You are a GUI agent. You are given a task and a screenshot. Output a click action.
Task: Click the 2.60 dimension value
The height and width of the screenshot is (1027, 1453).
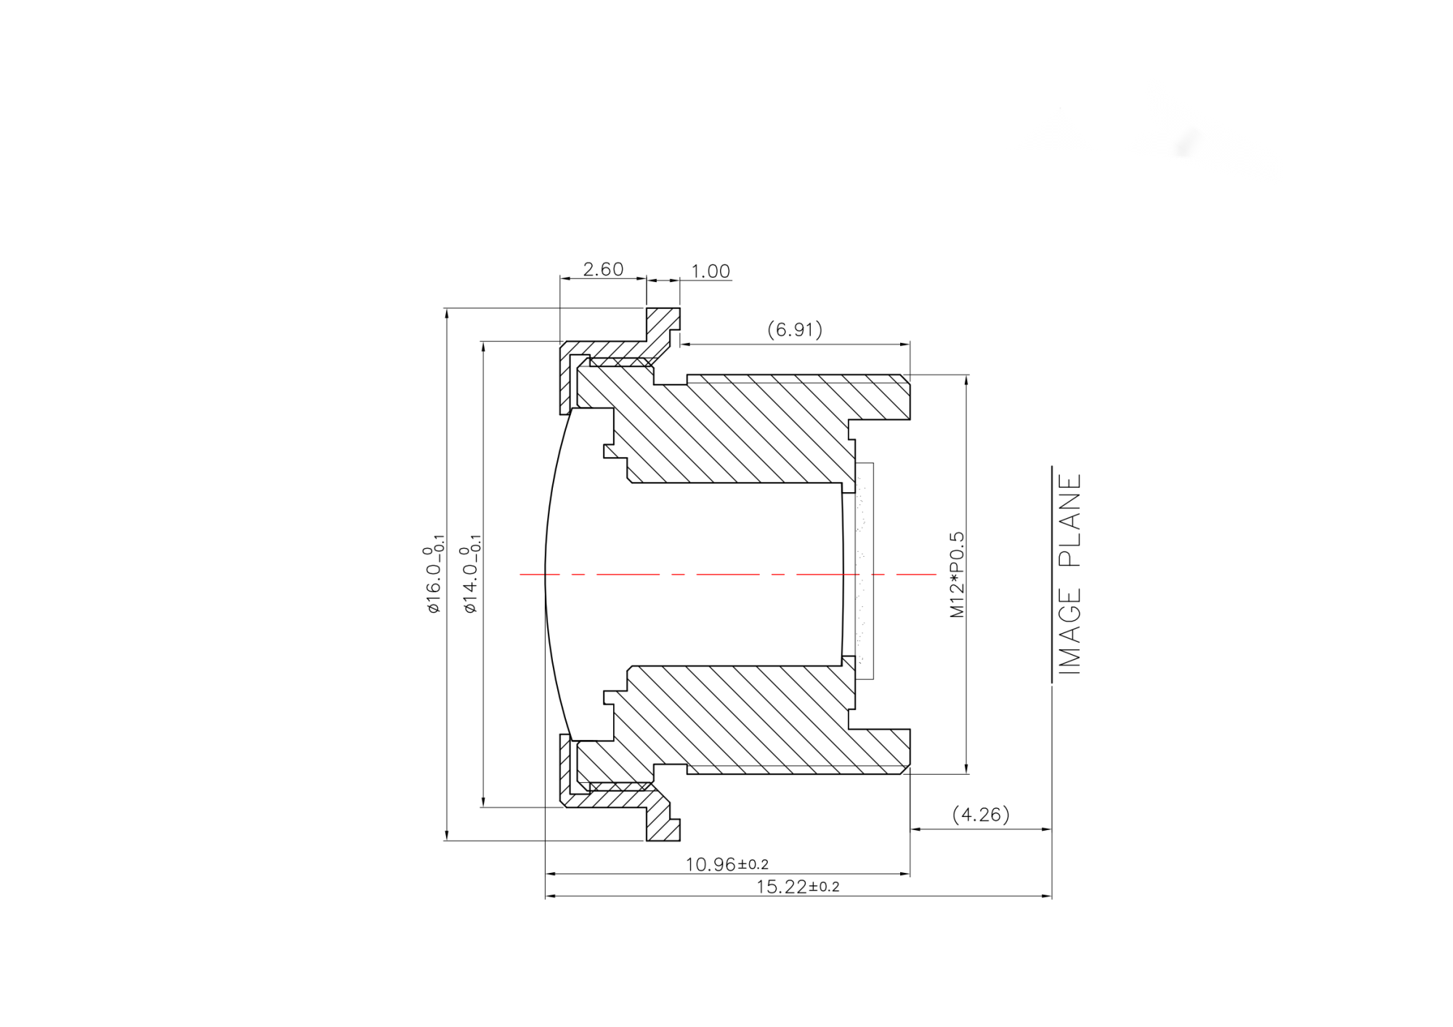pyautogui.click(x=603, y=270)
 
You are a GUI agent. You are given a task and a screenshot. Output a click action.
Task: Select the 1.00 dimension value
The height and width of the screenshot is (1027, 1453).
pyautogui.click(x=710, y=271)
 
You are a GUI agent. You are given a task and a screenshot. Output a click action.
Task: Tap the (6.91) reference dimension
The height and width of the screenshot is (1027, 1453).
pyautogui.click(x=795, y=330)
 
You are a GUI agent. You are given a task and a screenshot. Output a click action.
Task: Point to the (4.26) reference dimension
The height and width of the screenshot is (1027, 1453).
pyautogui.click(x=981, y=814)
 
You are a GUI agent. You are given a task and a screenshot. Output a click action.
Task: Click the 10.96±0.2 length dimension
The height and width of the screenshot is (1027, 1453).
pyautogui.click(x=726, y=864)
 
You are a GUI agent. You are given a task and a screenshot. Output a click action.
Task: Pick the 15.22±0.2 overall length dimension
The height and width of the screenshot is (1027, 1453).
pyautogui.click(x=797, y=887)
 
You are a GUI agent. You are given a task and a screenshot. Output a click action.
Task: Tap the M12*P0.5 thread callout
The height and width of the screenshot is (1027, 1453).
pyautogui.click(x=958, y=574)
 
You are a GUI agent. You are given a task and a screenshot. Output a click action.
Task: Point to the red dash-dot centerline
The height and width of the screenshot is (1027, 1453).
pyautogui.click(x=726, y=574)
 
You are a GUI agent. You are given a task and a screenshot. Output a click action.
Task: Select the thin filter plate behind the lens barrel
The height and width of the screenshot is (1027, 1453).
pyautogui.click(x=865, y=571)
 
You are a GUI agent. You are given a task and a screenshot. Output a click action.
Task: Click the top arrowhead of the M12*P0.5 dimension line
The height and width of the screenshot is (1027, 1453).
pyautogui.click(x=966, y=379)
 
